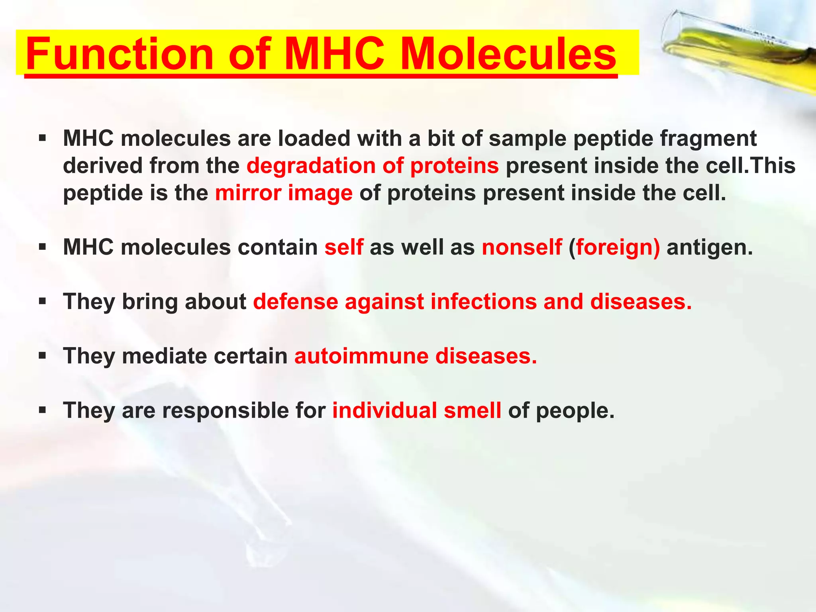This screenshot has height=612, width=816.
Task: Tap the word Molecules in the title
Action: [x=508, y=54]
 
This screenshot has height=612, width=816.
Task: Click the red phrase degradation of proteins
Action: [x=373, y=165]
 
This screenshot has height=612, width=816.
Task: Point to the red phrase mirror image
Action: [x=284, y=193]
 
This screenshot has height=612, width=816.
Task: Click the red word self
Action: [x=344, y=247]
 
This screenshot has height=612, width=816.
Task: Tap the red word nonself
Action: [x=522, y=247]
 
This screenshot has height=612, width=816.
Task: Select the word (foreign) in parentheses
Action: [x=614, y=247]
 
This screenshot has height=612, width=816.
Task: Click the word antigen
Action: [x=710, y=247]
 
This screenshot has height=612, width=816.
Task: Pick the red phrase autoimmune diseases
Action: [x=416, y=356]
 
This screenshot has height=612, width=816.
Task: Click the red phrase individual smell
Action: [x=416, y=410]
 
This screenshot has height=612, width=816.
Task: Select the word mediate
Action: [x=164, y=356]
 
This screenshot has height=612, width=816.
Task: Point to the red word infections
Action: [x=484, y=302]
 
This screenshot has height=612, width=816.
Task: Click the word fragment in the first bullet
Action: [x=708, y=139]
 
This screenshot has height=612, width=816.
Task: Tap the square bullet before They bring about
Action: [x=43, y=301]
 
